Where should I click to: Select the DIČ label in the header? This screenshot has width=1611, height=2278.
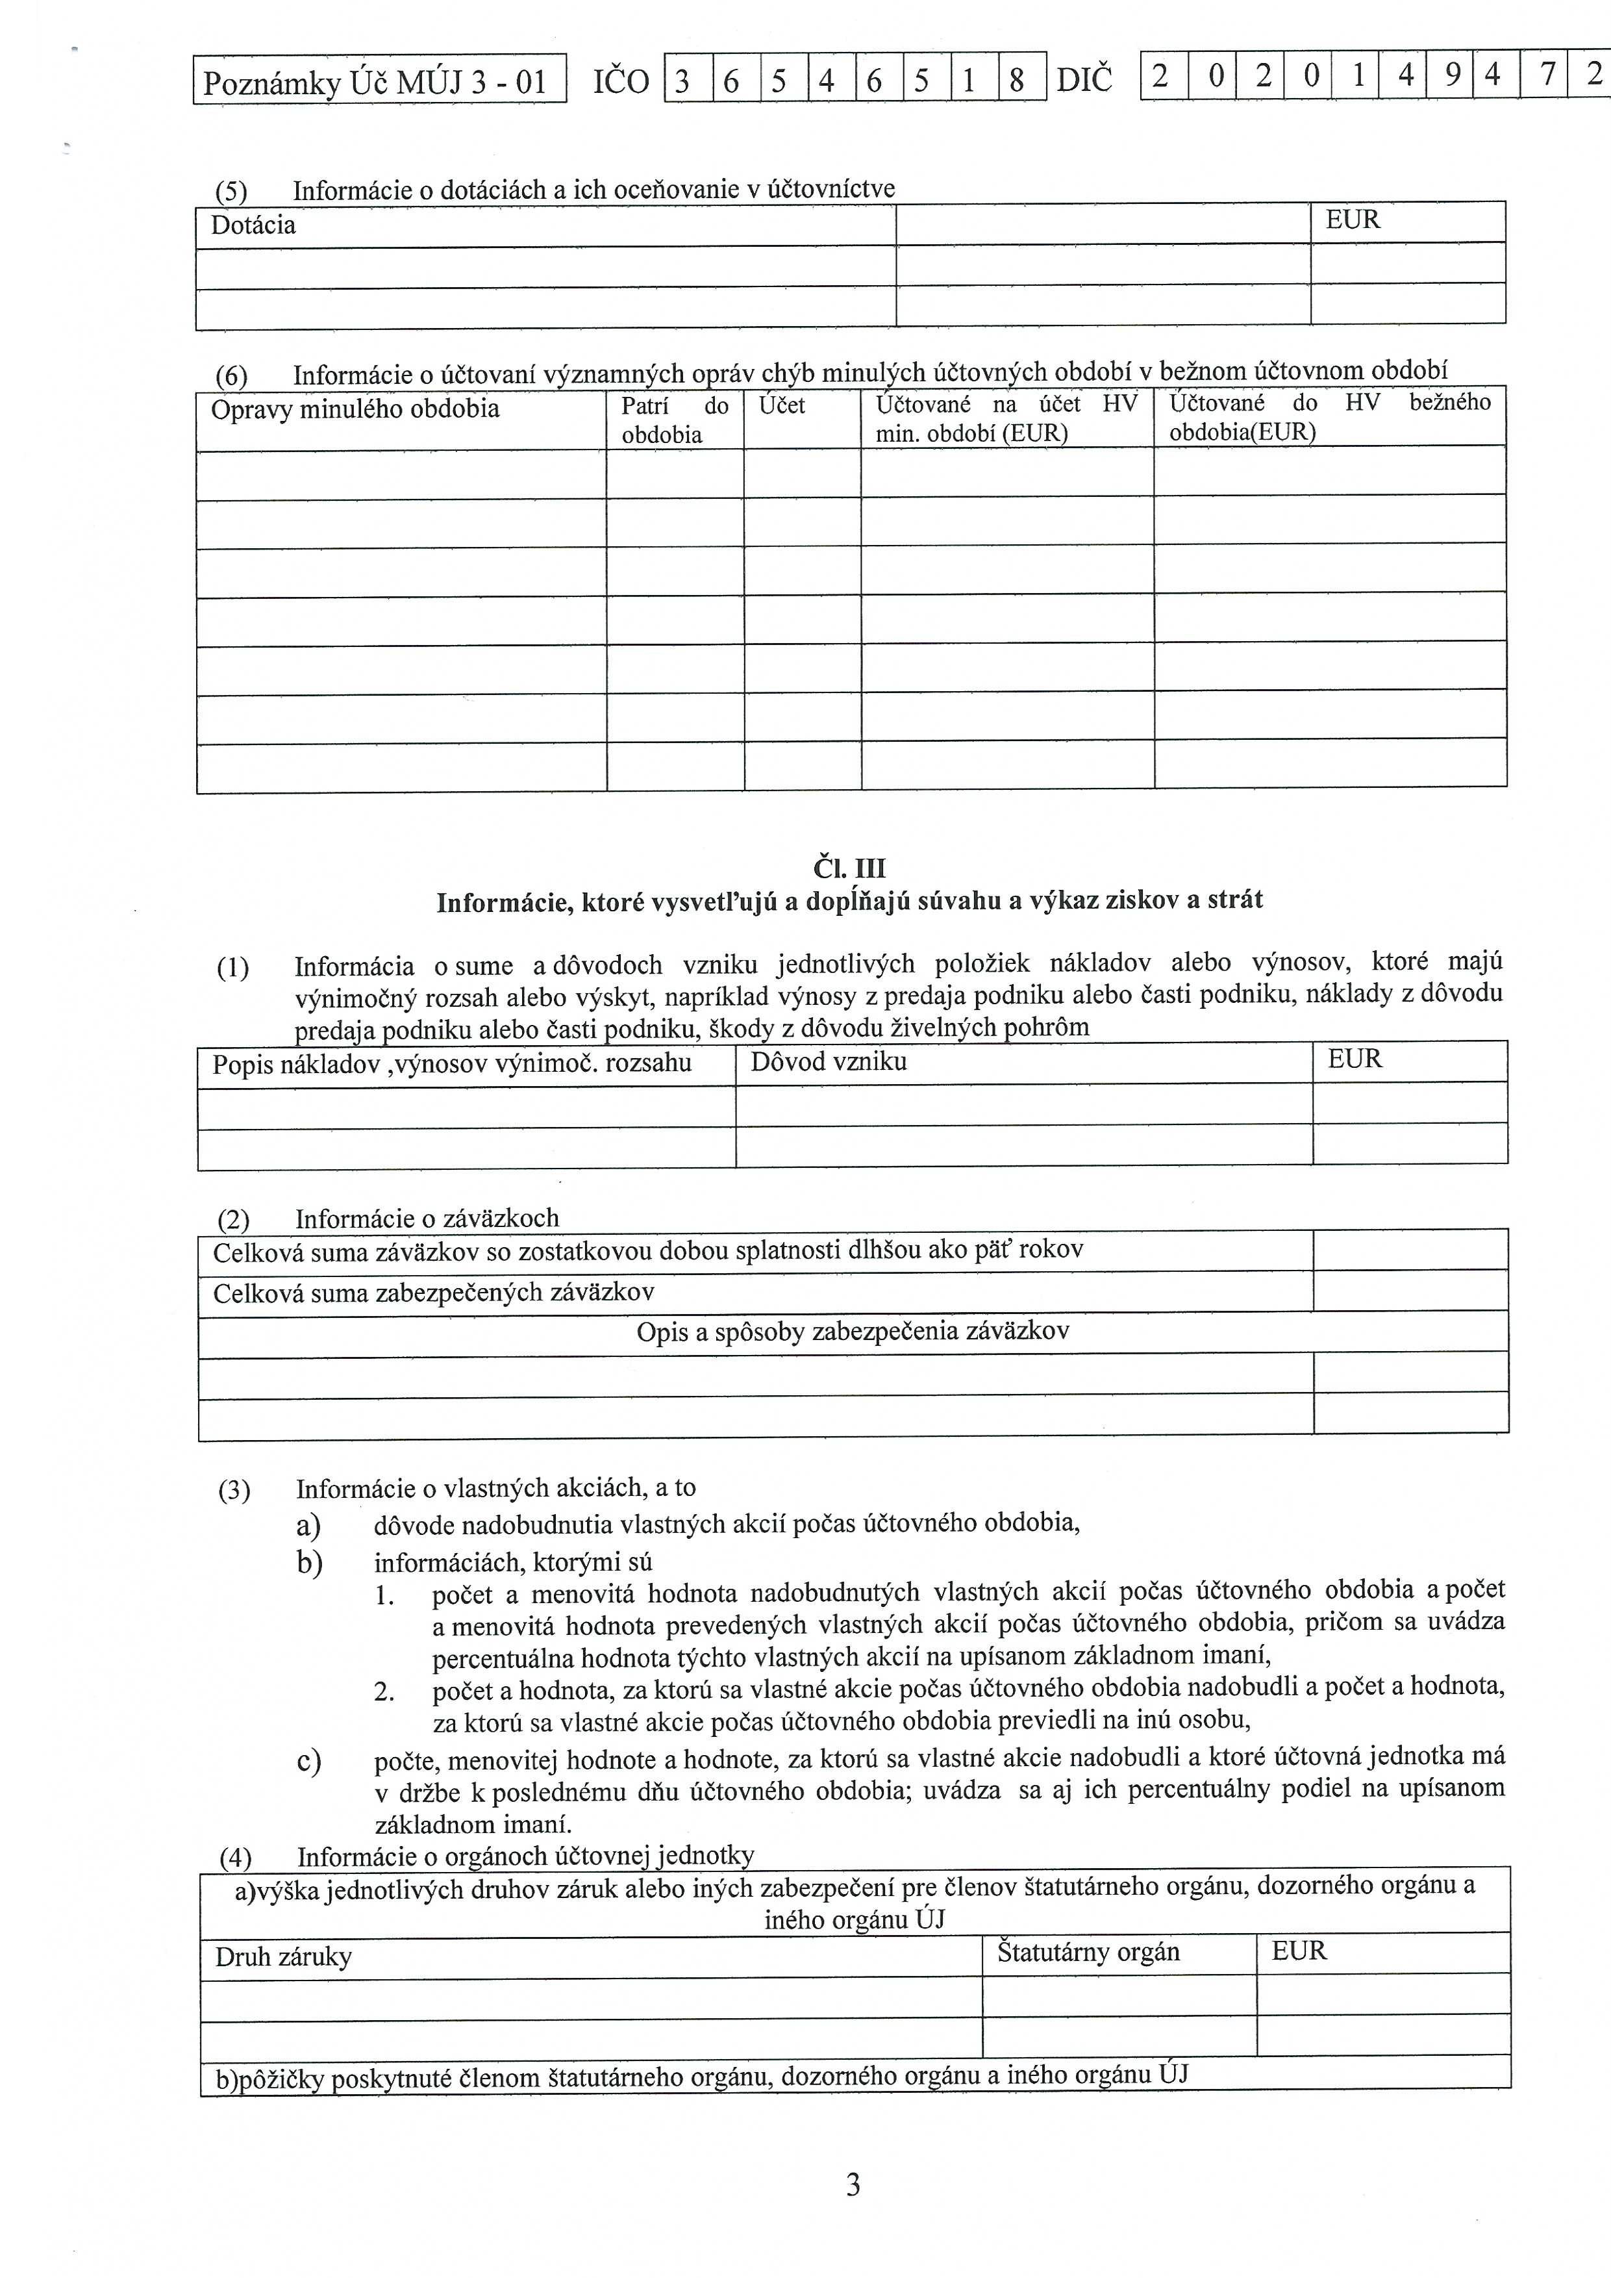1084,79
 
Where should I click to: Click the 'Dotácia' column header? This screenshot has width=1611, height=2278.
253,225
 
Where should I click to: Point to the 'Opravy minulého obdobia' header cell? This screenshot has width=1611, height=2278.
355,409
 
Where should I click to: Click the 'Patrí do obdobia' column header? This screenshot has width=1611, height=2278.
675,420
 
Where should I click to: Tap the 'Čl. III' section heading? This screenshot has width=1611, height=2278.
849,869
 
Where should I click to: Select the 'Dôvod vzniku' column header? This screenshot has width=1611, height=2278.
829,1061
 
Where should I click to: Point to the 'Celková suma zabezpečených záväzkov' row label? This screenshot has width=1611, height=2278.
434,1292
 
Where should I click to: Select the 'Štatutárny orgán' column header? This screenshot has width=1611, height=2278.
1088,1953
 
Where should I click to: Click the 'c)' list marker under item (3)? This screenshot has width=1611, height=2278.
308,1761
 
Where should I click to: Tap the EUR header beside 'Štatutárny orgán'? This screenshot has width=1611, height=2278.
1299,1951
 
